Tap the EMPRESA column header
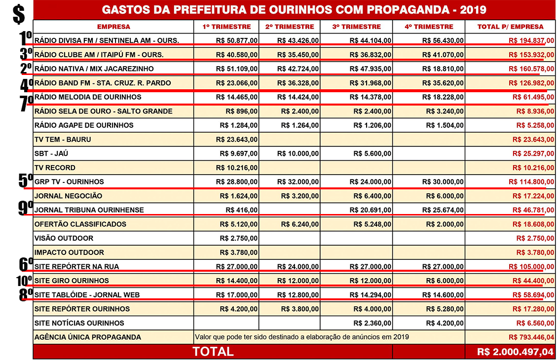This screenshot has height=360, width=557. (x=113, y=27)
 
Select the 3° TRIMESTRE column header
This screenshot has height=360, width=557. (x=356, y=27)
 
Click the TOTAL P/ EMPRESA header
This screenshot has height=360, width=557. (x=511, y=27)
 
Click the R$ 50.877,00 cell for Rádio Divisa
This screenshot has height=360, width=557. (x=237, y=40)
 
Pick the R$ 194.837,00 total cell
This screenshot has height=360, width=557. (x=531, y=40)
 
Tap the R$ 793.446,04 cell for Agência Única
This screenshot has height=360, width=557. (x=531, y=337)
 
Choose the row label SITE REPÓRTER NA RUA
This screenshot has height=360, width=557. (x=76, y=267)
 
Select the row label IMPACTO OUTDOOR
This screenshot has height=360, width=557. (x=69, y=252)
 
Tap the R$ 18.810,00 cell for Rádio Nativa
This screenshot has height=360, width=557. (x=443, y=69)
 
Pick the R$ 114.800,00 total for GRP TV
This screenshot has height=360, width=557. (x=531, y=181)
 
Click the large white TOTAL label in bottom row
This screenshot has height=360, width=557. (x=213, y=352)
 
